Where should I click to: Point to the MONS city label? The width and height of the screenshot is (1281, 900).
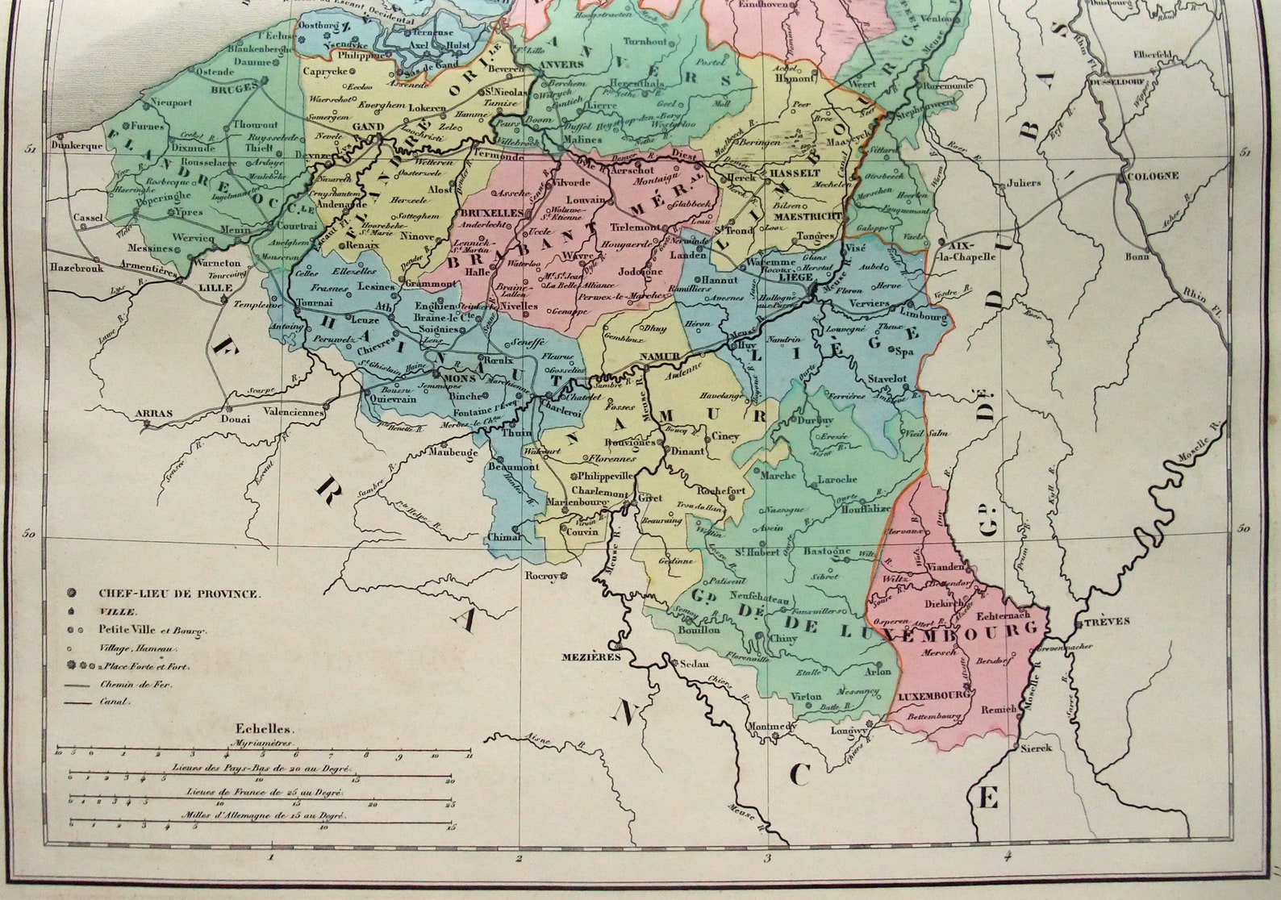[x=449, y=375]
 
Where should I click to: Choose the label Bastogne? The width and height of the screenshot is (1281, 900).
[x=827, y=552]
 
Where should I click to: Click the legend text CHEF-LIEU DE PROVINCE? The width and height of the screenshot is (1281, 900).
[x=179, y=594]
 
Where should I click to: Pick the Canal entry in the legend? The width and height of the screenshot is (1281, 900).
[x=115, y=702]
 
